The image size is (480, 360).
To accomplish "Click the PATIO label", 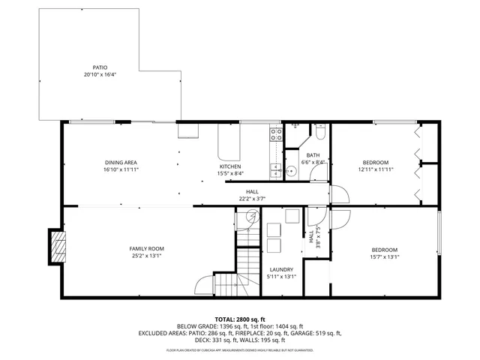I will pyautogui.click(x=99, y=67).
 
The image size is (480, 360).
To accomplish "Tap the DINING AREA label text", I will pyautogui.click(x=121, y=163).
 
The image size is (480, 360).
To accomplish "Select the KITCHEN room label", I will pyautogui.click(x=229, y=166).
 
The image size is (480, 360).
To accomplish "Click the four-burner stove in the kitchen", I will pyautogui.click(x=275, y=135).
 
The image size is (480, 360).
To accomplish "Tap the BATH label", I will pyautogui.click(x=313, y=154).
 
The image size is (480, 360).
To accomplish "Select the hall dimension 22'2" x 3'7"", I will pyautogui.click(x=252, y=199).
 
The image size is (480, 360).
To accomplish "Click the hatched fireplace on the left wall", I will pyautogui.click(x=58, y=246).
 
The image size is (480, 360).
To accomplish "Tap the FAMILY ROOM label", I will pyautogui.click(x=147, y=249).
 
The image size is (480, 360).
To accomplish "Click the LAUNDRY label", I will pyautogui.click(x=281, y=269).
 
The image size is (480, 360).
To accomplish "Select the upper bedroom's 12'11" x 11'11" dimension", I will pyautogui.click(x=376, y=169).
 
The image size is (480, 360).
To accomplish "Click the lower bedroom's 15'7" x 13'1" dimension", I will pyautogui.click(x=384, y=256).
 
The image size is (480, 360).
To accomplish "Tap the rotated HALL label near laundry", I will pyautogui.click(x=311, y=236).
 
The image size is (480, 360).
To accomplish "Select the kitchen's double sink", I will pyautogui.click(x=275, y=169).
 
